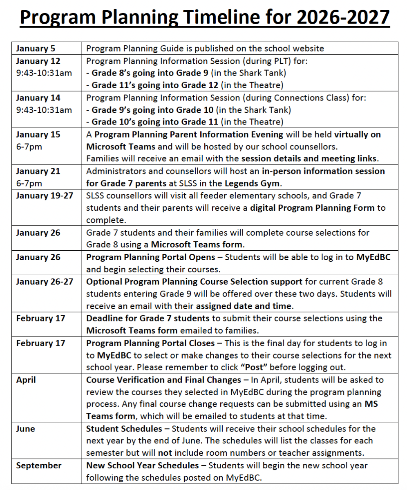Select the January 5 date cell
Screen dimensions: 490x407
[36, 49]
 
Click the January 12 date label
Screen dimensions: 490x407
[38, 61]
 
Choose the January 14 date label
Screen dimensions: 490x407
[38, 98]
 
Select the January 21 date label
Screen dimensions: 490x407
[38, 171]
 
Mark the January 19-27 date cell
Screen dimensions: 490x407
[45, 196]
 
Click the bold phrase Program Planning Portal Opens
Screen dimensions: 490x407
[150, 257]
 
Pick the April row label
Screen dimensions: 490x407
[26, 380]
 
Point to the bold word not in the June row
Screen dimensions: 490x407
[165, 453]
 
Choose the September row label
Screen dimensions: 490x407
[39, 465]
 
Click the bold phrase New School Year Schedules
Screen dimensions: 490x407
[143, 465]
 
